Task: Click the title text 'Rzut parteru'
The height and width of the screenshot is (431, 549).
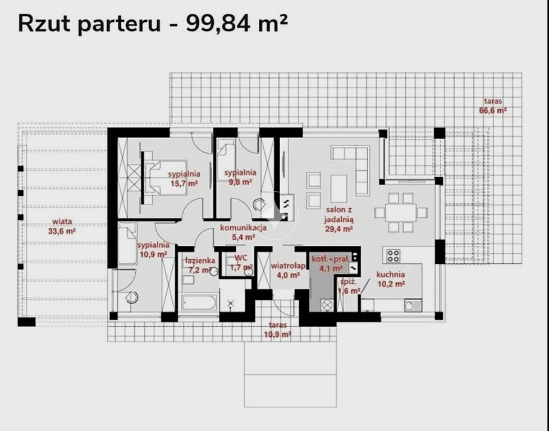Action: click(89, 24)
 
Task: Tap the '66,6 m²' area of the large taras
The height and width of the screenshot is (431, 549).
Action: click(493, 111)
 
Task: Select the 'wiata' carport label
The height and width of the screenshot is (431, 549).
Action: click(62, 221)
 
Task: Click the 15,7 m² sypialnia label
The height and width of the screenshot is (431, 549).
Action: click(184, 173)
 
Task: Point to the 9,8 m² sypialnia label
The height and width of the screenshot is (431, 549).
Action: click(240, 173)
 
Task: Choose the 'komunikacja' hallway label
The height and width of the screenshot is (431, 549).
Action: click(243, 228)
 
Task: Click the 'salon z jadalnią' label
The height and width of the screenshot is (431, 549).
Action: click(339, 214)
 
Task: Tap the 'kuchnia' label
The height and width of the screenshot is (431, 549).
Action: click(390, 274)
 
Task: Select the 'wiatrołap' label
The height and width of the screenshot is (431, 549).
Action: click(288, 266)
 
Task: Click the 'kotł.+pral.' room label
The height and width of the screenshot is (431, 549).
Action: click(331, 259)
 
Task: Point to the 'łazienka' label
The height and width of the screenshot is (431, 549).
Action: click(200, 260)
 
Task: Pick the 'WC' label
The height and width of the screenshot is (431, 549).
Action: click(241, 258)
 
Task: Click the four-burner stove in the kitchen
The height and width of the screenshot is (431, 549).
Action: click(393, 255)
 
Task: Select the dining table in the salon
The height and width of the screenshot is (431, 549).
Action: click(401, 213)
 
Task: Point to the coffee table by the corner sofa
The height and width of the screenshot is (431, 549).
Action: click(338, 189)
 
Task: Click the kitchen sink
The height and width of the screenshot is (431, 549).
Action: click(413, 305)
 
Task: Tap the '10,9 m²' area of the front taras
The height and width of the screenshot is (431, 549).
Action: click(278, 334)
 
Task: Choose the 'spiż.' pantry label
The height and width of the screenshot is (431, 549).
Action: click(348, 282)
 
